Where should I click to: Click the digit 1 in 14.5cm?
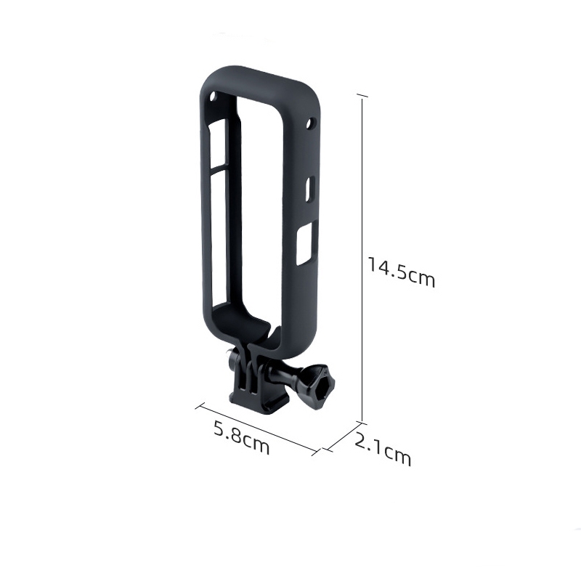(372, 267)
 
